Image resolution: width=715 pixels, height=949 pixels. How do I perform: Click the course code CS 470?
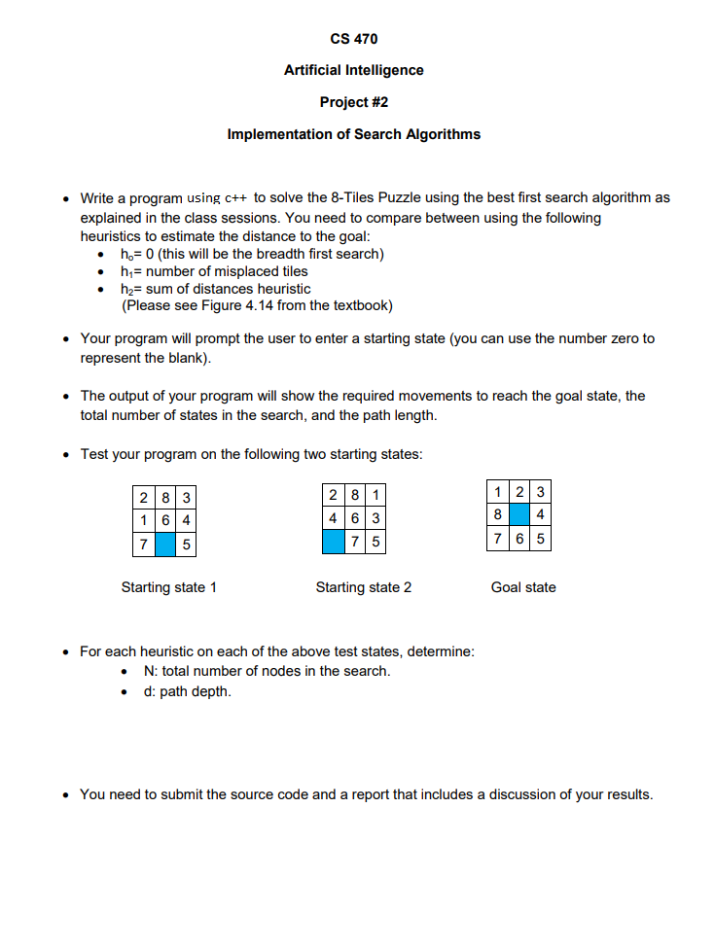point(353,39)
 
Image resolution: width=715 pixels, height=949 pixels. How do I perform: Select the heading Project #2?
point(353,102)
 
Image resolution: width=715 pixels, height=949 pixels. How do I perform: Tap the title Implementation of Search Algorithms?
point(353,134)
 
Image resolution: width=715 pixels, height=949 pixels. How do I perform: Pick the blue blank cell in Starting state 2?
point(335,542)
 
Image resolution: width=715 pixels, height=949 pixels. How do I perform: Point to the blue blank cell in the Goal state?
point(519,512)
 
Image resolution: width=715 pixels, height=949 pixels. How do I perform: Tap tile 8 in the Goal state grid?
point(498,512)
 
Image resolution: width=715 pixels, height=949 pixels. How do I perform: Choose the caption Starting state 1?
point(168,587)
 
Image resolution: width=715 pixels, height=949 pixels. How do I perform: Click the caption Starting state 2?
point(363,587)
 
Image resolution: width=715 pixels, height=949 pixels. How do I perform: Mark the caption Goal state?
point(523,587)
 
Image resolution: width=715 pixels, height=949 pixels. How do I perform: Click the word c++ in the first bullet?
point(236,197)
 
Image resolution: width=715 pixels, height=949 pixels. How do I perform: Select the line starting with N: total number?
point(267,671)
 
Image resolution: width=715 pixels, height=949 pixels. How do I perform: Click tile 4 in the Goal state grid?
point(540,512)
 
